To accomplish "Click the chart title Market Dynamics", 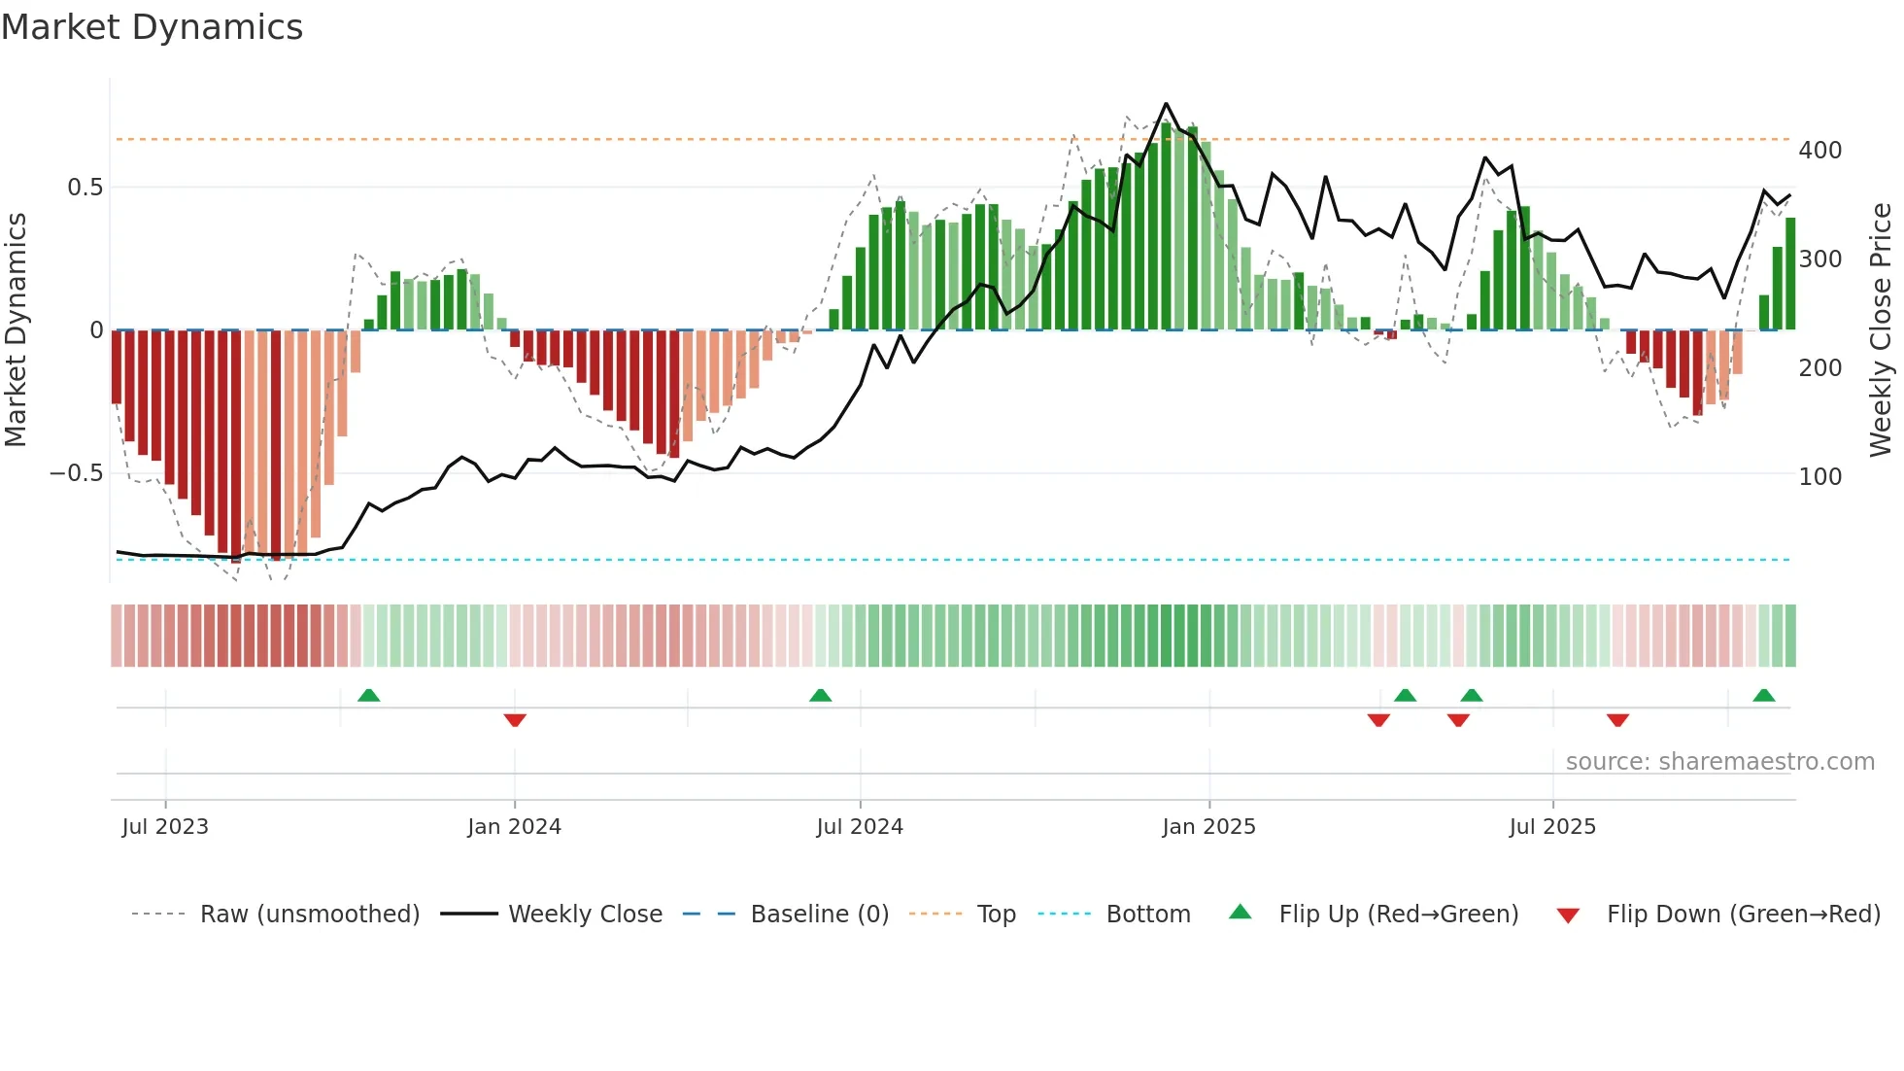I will pyautogui.click(x=153, y=27).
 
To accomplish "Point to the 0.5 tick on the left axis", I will pyautogui.click(x=85, y=188).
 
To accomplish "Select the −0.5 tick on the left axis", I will pyautogui.click(x=77, y=473).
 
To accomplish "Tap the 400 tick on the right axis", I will pyautogui.click(x=1819, y=151).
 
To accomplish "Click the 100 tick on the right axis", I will pyautogui.click(x=1819, y=477).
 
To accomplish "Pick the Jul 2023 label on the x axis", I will pyautogui.click(x=165, y=827).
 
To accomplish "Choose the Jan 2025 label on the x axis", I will pyautogui.click(x=1208, y=827).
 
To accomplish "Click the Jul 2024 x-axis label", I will pyautogui.click(x=860, y=827).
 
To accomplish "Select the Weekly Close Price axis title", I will pyautogui.click(x=1881, y=330).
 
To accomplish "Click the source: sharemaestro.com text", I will pyautogui.click(x=1719, y=762).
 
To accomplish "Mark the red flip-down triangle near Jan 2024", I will pyautogui.click(x=515, y=720).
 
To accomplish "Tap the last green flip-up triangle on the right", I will pyautogui.click(x=1764, y=695).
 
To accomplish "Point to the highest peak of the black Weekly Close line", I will pyautogui.click(x=1166, y=104).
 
